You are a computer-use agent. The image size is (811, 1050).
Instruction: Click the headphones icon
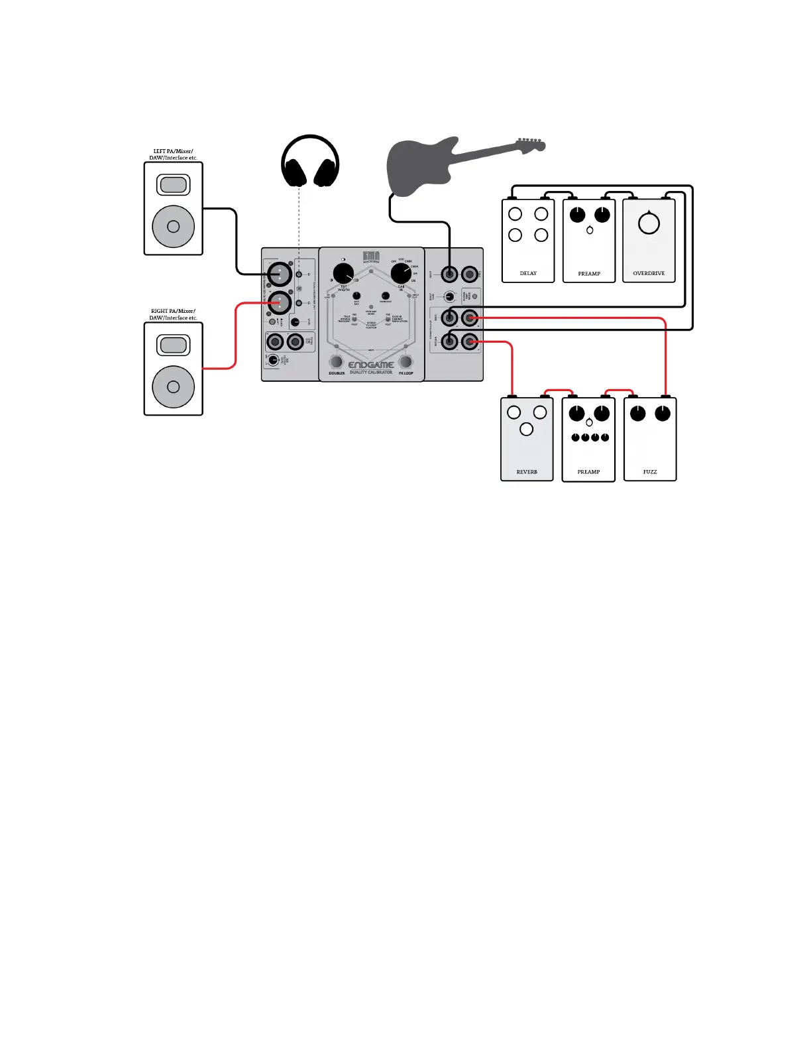pos(310,162)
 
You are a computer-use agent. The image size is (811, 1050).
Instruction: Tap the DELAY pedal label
pos(528,273)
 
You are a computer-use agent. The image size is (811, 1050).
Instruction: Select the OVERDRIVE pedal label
pos(649,273)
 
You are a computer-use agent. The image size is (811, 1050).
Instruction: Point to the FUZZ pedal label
pos(650,472)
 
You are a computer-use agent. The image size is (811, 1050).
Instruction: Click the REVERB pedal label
pos(527,472)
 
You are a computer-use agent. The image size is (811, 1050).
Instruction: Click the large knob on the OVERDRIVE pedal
pos(649,223)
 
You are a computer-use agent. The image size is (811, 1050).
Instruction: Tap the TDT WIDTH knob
pos(343,273)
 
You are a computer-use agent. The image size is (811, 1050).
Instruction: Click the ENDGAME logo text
pos(371,365)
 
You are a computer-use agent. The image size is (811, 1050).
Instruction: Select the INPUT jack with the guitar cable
pos(449,274)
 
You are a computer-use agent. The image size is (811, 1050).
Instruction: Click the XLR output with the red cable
pos(279,303)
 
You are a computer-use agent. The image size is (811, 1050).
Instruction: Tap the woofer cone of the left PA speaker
pos(174,227)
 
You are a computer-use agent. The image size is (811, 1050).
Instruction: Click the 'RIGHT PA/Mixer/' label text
pos(173,311)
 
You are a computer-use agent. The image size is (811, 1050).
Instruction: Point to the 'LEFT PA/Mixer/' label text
pos(173,151)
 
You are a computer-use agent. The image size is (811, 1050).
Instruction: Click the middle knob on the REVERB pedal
pos(527,429)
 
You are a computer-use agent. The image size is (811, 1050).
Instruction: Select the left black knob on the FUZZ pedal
pos(637,414)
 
